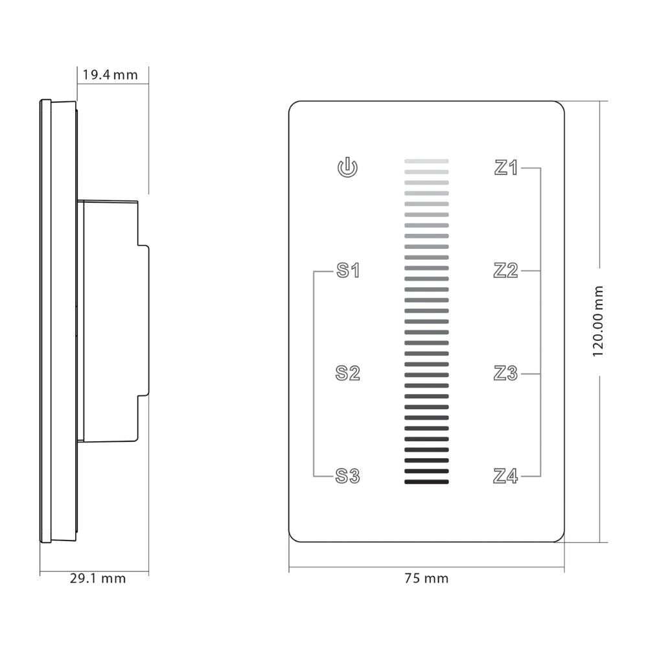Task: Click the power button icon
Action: coord(348,168)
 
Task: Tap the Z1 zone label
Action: coord(506,168)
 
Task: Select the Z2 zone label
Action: coord(506,270)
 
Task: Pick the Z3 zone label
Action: coord(506,373)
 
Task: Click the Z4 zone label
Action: coord(506,476)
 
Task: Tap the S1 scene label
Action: coord(348,270)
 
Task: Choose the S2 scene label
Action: coord(348,373)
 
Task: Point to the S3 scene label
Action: coord(348,476)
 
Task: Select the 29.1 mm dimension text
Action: coord(98,578)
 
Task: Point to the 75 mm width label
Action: coord(426,578)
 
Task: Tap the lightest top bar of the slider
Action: coord(426,161)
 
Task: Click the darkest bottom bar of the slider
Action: coord(426,481)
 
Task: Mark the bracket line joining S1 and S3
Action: coord(314,373)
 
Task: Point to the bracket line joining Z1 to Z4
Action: coord(540,322)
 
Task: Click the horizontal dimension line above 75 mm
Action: coord(426,568)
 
